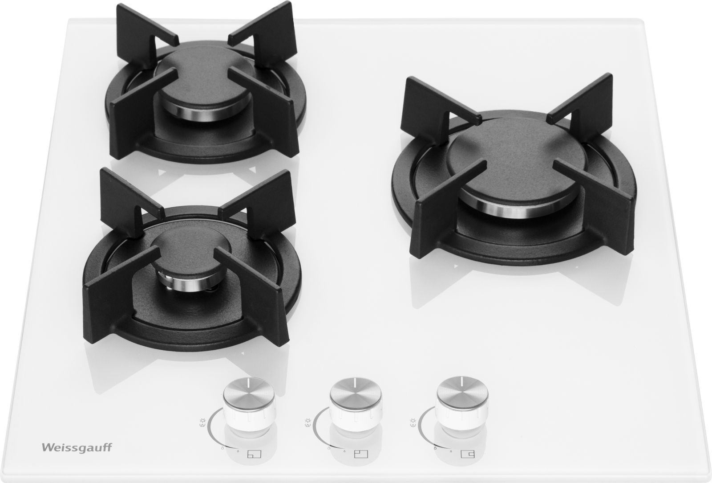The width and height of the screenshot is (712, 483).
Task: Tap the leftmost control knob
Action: coord(249,405)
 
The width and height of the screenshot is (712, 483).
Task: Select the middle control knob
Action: coord(356,404)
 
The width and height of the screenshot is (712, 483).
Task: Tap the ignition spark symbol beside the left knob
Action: coord(203,422)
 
